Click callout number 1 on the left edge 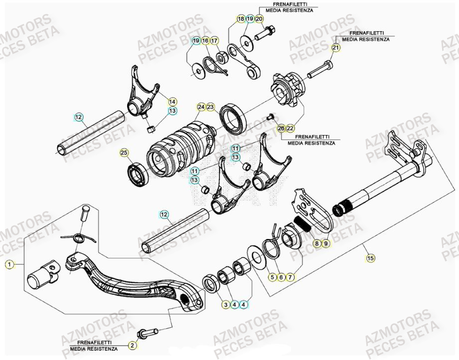(8, 264)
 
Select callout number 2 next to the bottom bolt (132, 345)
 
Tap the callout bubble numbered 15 (371, 258)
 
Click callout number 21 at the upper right (335, 48)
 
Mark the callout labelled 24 (201, 107)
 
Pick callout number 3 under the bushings (225, 304)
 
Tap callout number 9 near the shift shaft (325, 243)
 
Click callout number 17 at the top (214, 40)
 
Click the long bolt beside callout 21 (319, 70)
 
